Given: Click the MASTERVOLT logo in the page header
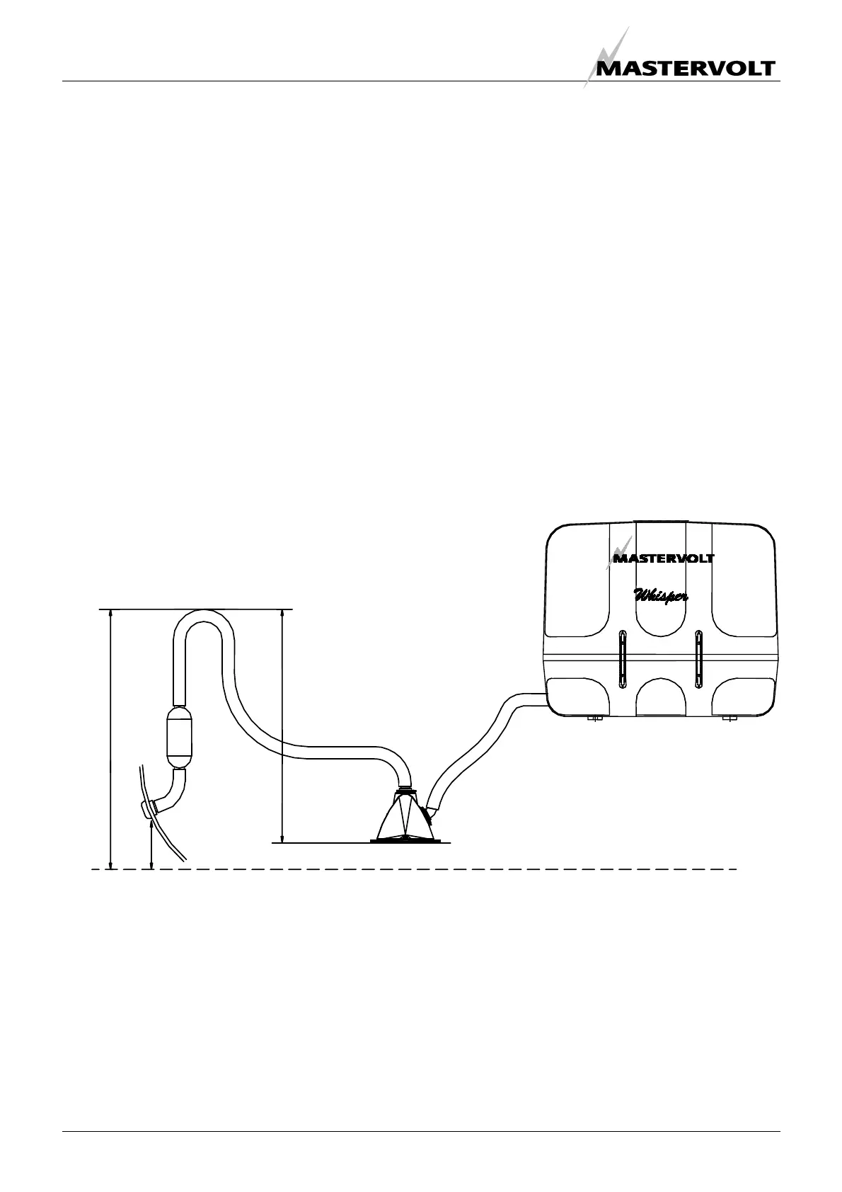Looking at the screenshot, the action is (x=685, y=68).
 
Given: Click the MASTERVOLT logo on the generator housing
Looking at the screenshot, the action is (x=662, y=557).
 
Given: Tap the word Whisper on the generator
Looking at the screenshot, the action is (x=660, y=596).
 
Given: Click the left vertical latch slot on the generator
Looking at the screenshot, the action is (x=622, y=658).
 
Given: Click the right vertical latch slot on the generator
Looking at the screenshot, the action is (x=698, y=658).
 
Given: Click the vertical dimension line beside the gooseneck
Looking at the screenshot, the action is (x=282, y=726).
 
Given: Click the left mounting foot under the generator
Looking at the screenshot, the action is (x=594, y=720).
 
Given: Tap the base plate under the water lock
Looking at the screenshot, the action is (x=406, y=841).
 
